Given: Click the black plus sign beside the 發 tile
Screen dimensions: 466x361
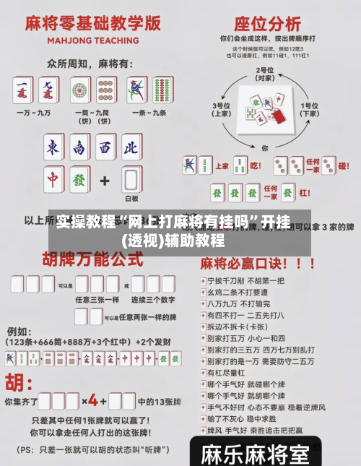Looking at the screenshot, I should [x=105, y=179].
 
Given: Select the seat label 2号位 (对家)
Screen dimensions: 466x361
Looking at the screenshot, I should [x=265, y=73].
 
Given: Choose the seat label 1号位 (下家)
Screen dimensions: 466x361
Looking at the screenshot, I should [x=310, y=108].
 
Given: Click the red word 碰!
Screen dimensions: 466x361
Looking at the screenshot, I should [x=343, y=165].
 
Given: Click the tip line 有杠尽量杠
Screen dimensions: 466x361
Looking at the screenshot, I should [x=224, y=373].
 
